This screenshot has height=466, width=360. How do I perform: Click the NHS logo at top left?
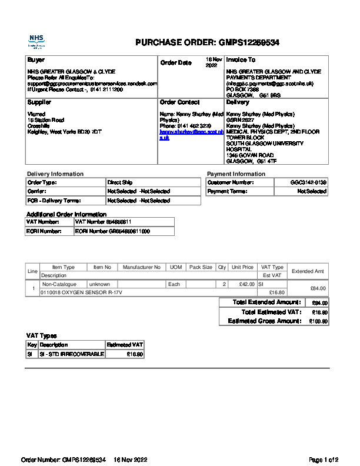point(36,41)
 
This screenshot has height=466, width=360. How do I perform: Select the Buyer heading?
point(36,60)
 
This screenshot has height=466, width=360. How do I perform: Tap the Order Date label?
point(176,63)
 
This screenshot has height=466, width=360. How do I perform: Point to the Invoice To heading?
point(241,60)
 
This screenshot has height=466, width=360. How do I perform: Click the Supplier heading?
point(39,102)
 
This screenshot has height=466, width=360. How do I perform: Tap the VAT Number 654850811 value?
point(103,222)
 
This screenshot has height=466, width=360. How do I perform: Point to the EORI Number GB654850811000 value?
point(112,231)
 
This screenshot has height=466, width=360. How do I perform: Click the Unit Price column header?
point(242,267)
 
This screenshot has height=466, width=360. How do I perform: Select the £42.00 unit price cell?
point(242,284)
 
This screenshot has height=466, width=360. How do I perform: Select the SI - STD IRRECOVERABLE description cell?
point(71,354)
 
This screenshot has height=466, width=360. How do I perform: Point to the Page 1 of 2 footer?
point(324,459)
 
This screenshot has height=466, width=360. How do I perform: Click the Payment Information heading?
point(236,174)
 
